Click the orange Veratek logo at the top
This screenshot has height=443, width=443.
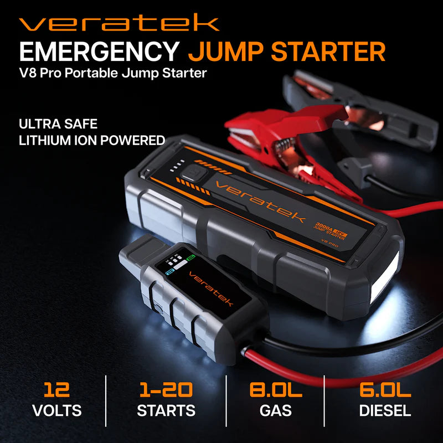pos(119,23)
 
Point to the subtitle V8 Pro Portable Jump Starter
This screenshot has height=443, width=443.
pos(113,73)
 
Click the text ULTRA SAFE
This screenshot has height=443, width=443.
pos(58,123)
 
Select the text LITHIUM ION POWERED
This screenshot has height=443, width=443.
pos(92,140)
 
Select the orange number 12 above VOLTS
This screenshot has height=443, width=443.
pos(57,389)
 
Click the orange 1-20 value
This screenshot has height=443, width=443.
pos(166,389)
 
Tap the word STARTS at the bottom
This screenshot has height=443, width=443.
pos(166,410)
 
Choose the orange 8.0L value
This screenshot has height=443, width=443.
pos(276,389)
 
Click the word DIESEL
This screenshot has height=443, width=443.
pos(385,410)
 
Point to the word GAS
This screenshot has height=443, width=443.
pos(276,410)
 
